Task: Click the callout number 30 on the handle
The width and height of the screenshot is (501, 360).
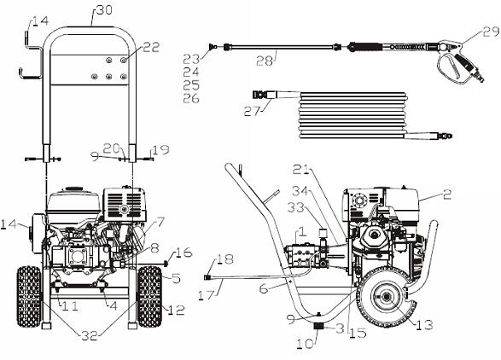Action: tap(102, 9)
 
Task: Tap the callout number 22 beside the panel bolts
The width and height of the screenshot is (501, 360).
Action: tap(150, 48)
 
